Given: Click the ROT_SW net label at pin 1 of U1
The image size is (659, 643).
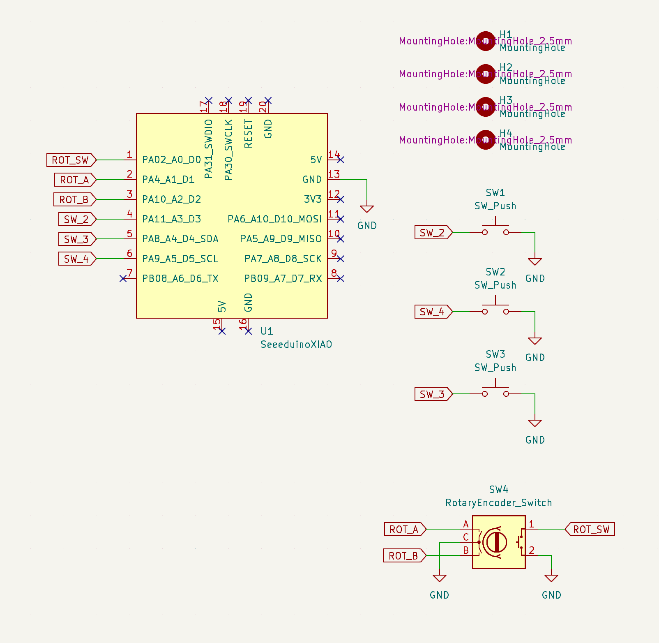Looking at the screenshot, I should point(71,160).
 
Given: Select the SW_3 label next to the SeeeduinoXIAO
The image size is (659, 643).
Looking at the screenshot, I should point(76,239).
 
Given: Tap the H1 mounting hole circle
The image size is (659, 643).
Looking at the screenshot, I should point(485,41).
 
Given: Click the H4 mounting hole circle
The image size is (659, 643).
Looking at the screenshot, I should point(485,140).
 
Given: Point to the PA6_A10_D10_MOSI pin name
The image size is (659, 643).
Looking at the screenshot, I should point(274,219).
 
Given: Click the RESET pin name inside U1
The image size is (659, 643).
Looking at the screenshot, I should point(248,134).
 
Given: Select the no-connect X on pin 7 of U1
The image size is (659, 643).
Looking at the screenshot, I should point(123,279).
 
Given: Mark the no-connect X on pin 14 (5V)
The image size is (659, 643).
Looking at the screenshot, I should point(341,160).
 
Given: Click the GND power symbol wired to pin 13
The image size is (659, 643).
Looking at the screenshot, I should point(366,209).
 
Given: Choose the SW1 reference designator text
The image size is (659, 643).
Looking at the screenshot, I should point(495,193).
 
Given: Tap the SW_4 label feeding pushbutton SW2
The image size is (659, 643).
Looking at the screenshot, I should point(432,312).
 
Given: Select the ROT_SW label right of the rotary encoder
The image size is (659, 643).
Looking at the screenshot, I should point(591,530).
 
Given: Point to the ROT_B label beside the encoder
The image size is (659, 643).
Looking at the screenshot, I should point(403,556).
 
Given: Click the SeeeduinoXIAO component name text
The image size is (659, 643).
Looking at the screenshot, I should point(296,345).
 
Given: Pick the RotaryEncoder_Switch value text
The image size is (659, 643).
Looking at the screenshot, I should point(498,503).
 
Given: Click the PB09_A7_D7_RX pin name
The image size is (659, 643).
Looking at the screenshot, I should point(283,279).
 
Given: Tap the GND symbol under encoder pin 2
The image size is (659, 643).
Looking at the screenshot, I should point(551,579).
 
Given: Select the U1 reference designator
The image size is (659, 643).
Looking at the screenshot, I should point(267,331).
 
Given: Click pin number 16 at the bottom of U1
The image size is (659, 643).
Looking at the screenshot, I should point(243,323).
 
